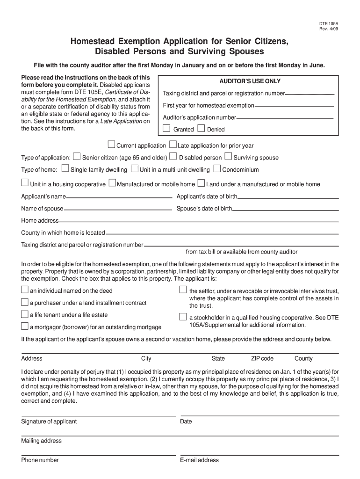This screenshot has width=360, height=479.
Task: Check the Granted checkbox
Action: point(166,128)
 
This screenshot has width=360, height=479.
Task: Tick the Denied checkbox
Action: point(201,128)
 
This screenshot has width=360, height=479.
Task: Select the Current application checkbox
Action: point(112,144)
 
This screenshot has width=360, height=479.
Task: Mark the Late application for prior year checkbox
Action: point(173,144)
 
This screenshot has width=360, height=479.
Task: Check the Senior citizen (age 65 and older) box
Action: point(77,156)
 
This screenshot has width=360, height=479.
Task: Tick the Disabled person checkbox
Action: point(173,156)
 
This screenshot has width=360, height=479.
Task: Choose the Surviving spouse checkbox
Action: point(228,156)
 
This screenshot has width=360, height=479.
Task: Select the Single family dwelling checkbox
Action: point(65,168)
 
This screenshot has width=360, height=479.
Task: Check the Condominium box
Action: point(217,168)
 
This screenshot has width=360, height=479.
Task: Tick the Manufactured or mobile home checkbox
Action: point(112,183)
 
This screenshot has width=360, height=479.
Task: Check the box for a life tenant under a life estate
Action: point(25,314)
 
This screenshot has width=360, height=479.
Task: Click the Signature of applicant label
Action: point(49,421)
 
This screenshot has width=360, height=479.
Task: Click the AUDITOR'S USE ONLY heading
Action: point(247,81)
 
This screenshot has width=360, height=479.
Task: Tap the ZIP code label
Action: point(262,359)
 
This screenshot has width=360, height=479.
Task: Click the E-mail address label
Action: point(199,460)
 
